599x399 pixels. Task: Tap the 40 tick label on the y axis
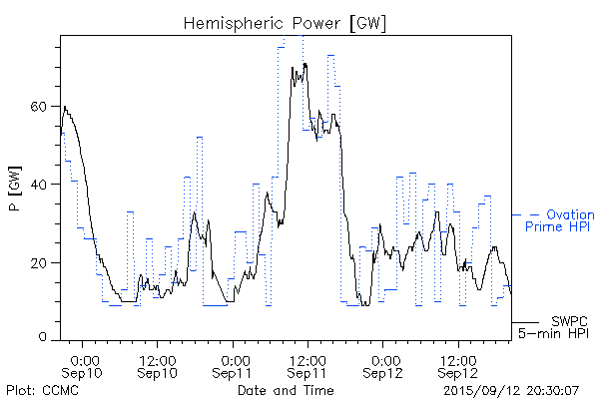click(40, 184)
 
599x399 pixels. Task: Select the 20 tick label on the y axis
click(40, 262)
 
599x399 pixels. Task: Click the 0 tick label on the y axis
click(44, 339)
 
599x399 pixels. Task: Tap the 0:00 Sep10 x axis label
click(84, 365)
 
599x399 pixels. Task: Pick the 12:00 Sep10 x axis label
click(159, 365)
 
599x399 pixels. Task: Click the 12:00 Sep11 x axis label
click(308, 365)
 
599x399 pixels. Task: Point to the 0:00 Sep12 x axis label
click(383, 365)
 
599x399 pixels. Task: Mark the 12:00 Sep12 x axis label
click(458, 365)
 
